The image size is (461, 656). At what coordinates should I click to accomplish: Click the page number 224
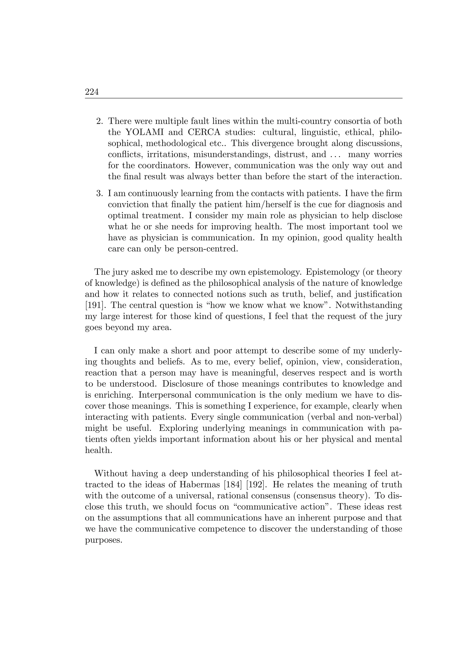[92, 92]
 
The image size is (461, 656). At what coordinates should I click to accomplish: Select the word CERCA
[204, 132]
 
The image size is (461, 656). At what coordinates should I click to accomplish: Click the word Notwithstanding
[368, 305]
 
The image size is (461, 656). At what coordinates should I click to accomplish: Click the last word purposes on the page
[104, 541]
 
